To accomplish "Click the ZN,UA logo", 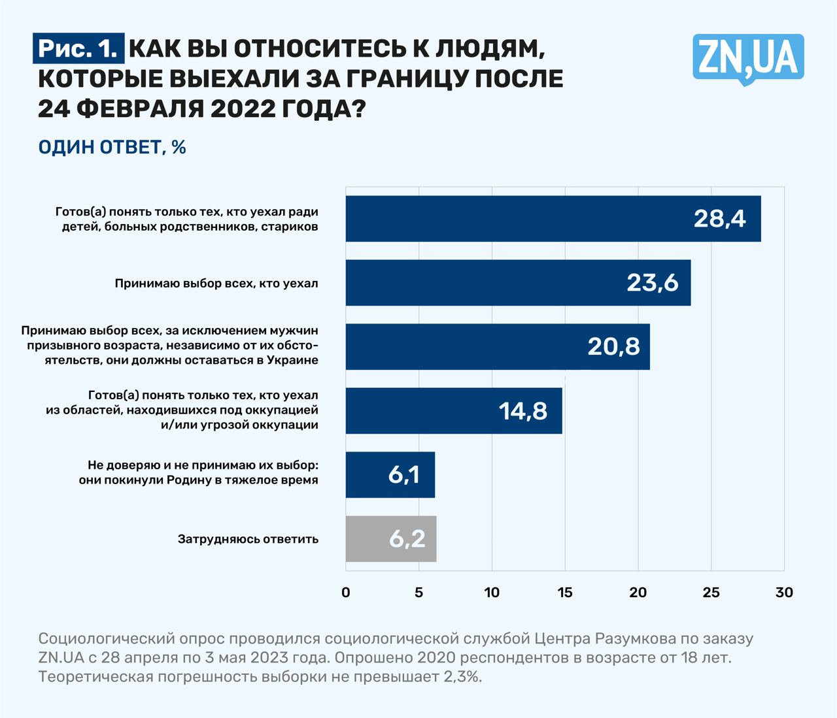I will click(748, 57).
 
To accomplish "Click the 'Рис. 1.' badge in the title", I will click(78, 49).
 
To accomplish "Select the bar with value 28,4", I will click(553, 219).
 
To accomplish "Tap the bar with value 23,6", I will click(518, 283).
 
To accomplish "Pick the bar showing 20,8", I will click(497, 347).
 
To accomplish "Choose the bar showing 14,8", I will click(453, 411).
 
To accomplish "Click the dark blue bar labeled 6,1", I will click(390, 475).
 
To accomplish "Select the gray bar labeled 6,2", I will click(390, 539).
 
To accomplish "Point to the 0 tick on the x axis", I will click(346, 593).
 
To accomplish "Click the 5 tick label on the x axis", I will click(419, 593).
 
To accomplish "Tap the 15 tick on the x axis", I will click(565, 593).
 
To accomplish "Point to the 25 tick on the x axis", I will click(711, 593).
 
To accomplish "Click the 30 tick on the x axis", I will click(784, 593).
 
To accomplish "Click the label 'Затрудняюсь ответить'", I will click(248, 540).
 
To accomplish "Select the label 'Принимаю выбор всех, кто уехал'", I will click(216, 284).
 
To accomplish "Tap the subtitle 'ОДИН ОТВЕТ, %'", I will click(112, 148).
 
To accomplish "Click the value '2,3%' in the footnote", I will click(462, 676).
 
